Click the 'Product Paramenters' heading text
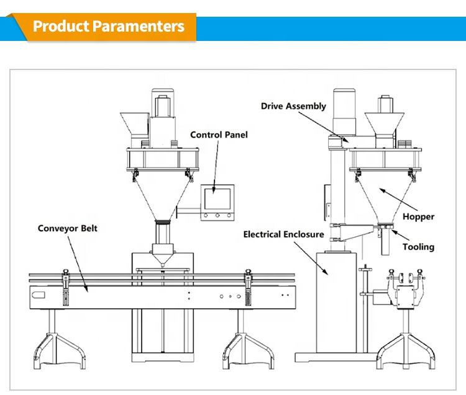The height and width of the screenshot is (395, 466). [x=109, y=26]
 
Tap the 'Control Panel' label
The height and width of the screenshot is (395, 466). [x=219, y=135]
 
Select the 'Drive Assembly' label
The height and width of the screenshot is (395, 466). [x=293, y=106]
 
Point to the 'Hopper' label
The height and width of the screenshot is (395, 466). [x=418, y=217]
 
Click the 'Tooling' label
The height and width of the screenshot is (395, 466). [x=418, y=247]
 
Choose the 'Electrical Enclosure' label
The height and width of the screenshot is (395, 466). [x=283, y=234]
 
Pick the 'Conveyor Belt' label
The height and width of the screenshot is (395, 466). [x=68, y=228]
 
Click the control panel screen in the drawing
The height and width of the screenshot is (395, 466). [x=217, y=198]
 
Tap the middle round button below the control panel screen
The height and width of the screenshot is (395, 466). [x=217, y=215]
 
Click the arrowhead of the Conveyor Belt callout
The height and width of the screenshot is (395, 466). [x=86, y=289]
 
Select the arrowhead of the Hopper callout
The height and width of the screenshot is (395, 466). [x=381, y=190]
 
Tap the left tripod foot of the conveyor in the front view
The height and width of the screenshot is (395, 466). [x=60, y=351]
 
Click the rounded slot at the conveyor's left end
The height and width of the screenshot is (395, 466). [x=39, y=295]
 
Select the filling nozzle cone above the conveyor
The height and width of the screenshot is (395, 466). [x=163, y=254]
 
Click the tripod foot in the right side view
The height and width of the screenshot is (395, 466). [x=406, y=351]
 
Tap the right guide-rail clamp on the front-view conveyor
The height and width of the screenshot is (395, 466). [x=248, y=287]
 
